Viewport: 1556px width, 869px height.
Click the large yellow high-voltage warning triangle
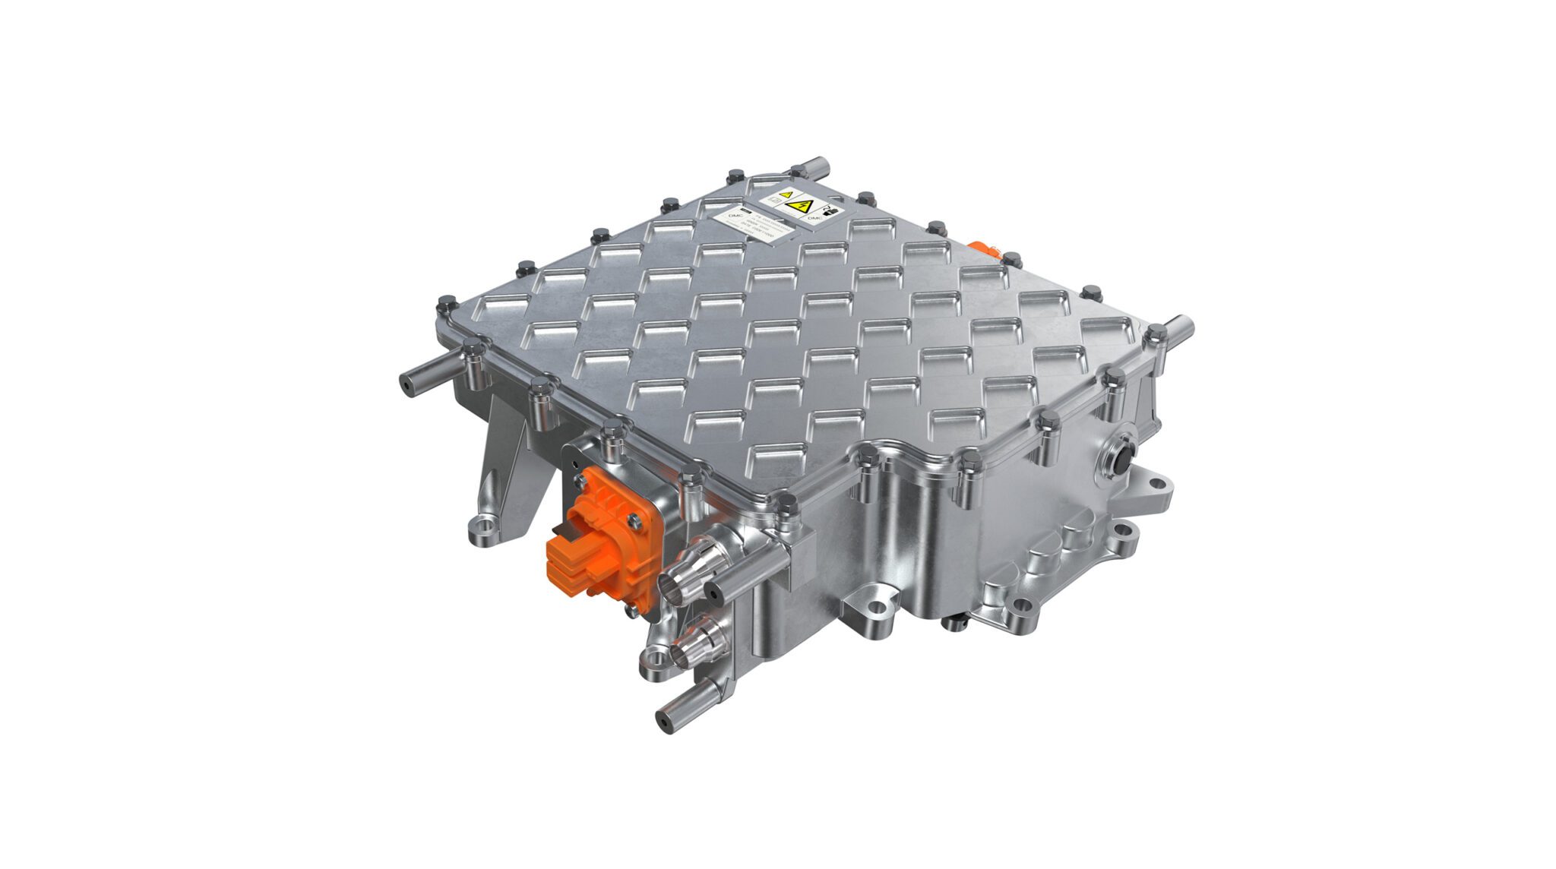pos(799,206)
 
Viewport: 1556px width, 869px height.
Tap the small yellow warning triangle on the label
pos(786,194)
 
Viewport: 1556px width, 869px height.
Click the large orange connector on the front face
pos(600,532)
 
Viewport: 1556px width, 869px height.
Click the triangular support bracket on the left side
pos(505,456)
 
